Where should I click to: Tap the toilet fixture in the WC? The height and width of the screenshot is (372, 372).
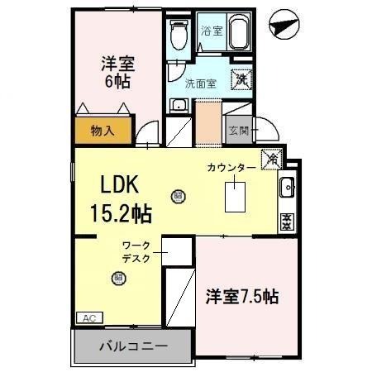point(177,35)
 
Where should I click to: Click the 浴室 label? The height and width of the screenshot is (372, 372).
point(212,31)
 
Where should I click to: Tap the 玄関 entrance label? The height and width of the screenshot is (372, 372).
point(239,129)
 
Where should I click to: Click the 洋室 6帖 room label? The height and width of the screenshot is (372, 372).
point(118,72)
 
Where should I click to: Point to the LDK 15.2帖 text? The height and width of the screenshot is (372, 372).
point(120,198)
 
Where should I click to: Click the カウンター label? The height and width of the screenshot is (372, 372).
point(232,168)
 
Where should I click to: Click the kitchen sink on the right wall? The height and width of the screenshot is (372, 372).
point(288,187)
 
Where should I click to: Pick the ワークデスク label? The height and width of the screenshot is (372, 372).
point(136,251)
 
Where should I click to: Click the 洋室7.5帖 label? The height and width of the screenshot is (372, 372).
point(241,296)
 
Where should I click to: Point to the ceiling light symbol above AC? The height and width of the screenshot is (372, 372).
point(118,279)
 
